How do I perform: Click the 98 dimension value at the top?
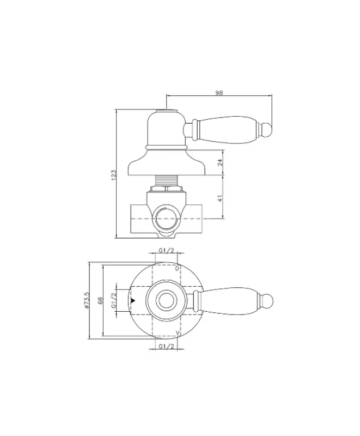click(x=219, y=93)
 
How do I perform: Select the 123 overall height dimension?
click(x=114, y=174)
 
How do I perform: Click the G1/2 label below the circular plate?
click(x=166, y=347)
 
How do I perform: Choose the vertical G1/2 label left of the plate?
click(x=114, y=301)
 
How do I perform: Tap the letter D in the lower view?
click(x=177, y=269)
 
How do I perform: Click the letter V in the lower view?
click(x=178, y=333)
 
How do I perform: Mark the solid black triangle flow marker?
click(x=133, y=300)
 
